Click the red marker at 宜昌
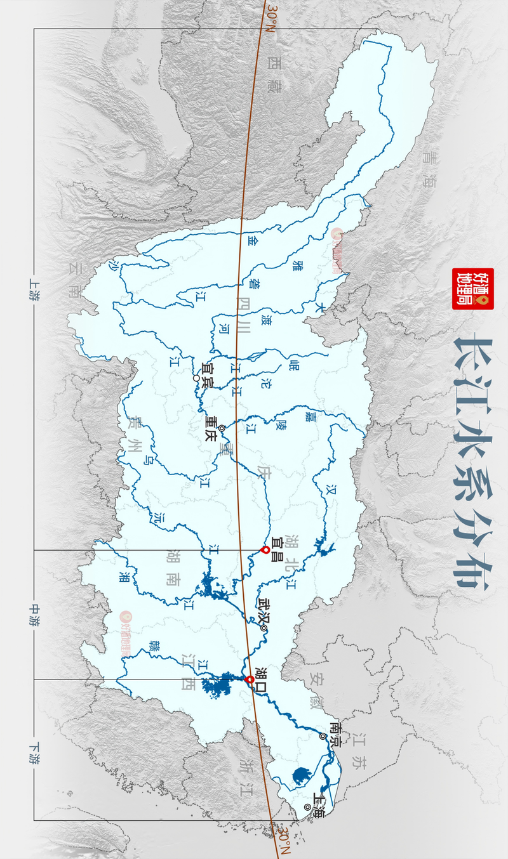[265, 550]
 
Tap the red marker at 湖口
[250, 680]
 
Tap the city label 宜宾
[208, 373]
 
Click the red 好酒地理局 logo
[472, 289]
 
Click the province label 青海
[431, 169]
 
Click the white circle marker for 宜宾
[197, 379]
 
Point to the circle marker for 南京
[323, 736]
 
